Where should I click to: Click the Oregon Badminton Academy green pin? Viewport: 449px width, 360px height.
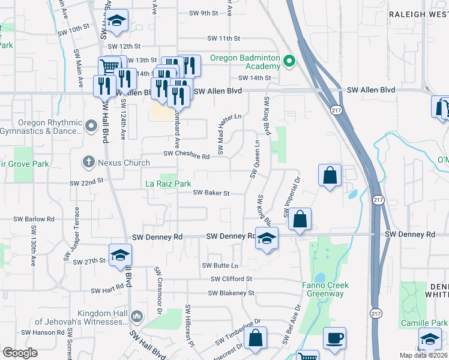[289, 61]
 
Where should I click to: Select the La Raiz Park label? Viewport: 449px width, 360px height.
[169, 184]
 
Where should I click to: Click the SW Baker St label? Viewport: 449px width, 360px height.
[211, 193]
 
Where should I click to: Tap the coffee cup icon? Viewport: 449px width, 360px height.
[334, 337]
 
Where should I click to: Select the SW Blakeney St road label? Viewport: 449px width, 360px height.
[231, 293]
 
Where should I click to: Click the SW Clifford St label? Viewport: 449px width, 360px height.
[231, 279]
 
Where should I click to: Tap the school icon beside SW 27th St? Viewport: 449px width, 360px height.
[120, 254]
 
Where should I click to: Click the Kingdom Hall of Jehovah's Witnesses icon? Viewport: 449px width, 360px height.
[137, 316]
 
